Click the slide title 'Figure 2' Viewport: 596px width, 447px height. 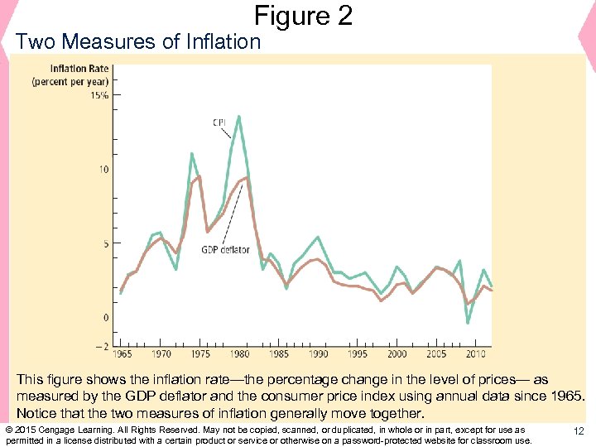tap(303, 15)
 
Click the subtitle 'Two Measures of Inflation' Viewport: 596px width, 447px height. tap(138, 41)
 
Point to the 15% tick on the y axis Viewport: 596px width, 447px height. tap(99, 95)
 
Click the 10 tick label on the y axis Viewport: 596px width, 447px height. tap(103, 170)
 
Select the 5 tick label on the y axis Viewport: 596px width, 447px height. tap(105, 244)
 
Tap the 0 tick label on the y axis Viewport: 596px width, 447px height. tap(105, 318)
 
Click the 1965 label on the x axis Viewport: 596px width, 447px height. tap(122, 354)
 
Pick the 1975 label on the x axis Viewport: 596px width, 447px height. tap(200, 354)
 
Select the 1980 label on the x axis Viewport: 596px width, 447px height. tap(239, 354)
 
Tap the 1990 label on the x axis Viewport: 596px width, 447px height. tap(318, 354)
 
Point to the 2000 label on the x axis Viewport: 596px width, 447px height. tap(397, 354)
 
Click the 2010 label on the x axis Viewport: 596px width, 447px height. tap(475, 354)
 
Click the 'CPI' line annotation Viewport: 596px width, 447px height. tap(220, 123)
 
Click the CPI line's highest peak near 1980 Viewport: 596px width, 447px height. tap(239, 117)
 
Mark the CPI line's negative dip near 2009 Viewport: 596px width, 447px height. tap(468, 323)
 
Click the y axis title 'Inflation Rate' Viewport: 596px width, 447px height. tap(79, 69)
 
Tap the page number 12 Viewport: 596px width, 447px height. tap(579, 430)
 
